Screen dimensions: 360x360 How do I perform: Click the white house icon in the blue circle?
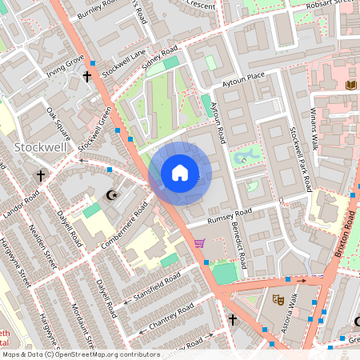[x=180, y=173]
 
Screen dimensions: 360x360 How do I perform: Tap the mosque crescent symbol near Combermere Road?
[x=112, y=194]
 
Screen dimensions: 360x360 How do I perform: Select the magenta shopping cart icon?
[x=199, y=243]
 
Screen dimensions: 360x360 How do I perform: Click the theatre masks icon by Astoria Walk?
[x=278, y=299]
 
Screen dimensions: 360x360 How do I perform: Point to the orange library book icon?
[x=350, y=85]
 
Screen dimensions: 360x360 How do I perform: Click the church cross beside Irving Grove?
[x=86, y=77]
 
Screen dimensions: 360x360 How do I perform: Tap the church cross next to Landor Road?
[x=40, y=174]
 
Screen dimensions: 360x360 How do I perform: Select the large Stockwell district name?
[x=40, y=147]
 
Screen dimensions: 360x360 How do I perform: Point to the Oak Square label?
[x=59, y=120]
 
